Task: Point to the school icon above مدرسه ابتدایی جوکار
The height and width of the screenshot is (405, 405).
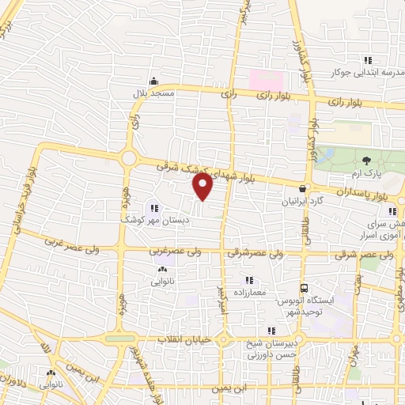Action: pyautogui.click(x=367, y=59)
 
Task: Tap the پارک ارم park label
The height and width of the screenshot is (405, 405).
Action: pyautogui.click(x=365, y=172)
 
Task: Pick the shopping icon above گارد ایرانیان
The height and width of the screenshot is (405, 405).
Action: pyautogui.click(x=302, y=188)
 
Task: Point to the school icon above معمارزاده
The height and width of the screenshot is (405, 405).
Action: pyautogui.click(x=249, y=280)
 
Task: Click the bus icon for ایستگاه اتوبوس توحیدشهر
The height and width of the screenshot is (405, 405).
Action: pyautogui.click(x=303, y=290)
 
